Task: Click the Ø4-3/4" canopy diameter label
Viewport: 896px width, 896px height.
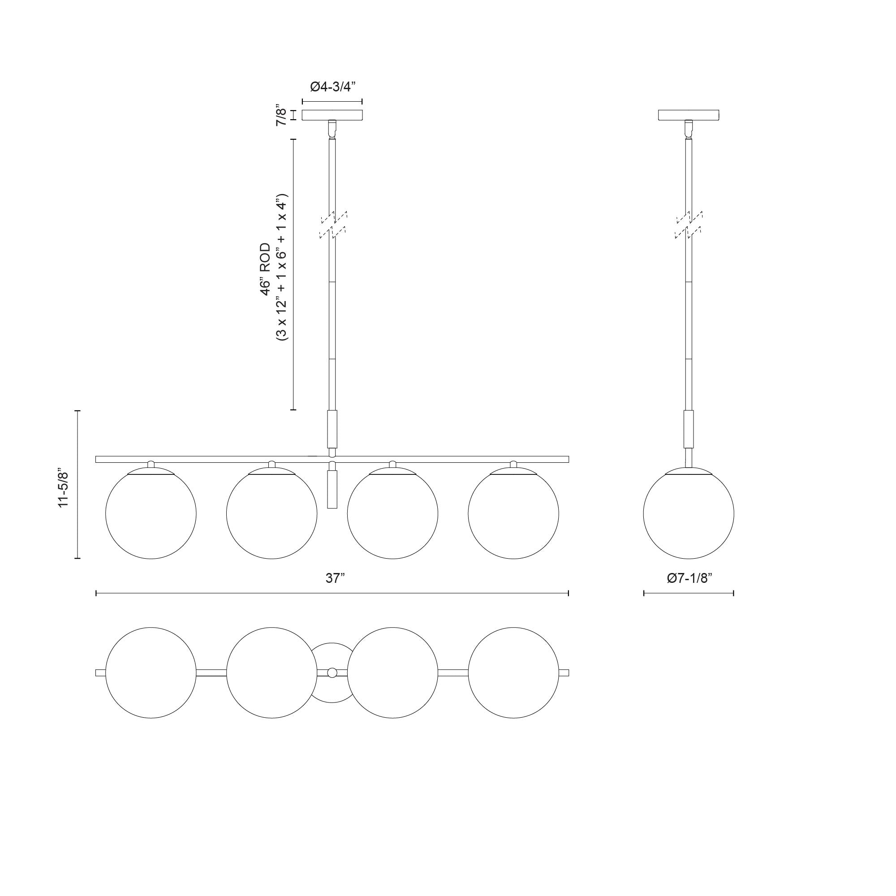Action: [332, 87]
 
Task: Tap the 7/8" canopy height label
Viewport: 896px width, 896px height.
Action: [281, 115]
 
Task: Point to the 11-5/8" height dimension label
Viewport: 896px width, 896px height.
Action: [63, 489]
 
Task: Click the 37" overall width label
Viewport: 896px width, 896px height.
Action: [333, 578]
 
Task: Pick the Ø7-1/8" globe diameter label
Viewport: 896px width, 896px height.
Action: [689, 578]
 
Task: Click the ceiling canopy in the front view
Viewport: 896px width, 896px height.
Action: [332, 115]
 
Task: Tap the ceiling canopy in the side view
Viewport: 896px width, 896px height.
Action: [689, 115]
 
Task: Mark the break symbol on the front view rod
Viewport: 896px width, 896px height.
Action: [333, 224]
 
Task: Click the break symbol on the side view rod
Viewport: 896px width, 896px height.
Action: [689, 224]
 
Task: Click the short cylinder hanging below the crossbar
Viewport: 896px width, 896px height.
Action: [332, 490]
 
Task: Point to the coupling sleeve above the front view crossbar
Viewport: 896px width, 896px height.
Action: [332, 429]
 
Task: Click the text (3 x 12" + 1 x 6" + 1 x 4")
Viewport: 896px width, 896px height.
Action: [282, 267]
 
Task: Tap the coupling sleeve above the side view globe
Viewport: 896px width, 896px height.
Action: [689, 429]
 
